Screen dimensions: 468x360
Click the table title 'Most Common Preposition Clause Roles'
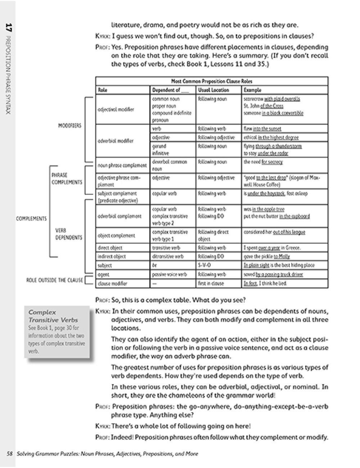tap(212, 81)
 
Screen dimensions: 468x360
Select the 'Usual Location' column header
tap(213, 90)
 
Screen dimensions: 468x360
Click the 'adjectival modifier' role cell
tap(116, 109)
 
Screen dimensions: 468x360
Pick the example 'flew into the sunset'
tap(262, 129)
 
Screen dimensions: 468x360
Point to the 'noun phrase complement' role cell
tap(122, 165)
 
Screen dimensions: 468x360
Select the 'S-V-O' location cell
tap(204, 265)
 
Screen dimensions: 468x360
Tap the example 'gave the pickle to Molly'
tap(266, 256)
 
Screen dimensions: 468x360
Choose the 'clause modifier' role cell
tap(112, 283)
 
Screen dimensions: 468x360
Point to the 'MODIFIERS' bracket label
tap(70, 126)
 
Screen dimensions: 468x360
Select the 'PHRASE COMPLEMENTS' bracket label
tap(67, 179)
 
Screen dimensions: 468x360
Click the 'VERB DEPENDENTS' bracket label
tap(68, 234)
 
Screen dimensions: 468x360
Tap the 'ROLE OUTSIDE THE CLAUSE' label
tap(54, 280)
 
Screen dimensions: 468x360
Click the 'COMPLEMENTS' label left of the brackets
tap(31, 219)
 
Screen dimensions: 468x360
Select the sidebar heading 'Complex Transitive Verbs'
tap(53, 316)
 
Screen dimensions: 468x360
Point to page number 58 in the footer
tap(10, 454)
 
